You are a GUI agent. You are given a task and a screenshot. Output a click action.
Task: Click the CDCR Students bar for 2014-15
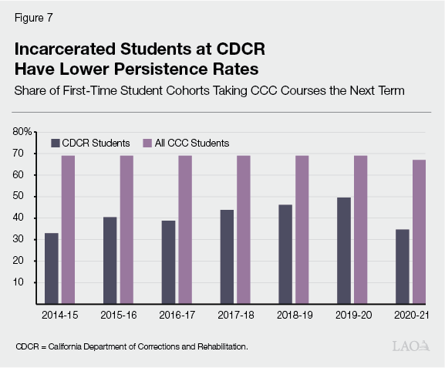coord(51,268)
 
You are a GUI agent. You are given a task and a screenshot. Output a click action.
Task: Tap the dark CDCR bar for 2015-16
coord(110,260)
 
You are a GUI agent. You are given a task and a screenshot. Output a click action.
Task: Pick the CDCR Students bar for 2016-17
coord(169,262)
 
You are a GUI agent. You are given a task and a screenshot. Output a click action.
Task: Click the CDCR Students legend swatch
coord(55,143)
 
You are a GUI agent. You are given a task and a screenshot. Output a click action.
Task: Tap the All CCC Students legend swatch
coord(148,143)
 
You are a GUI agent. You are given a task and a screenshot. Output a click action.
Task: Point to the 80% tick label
coord(23,132)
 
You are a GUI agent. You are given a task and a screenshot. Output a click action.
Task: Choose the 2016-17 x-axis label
coord(177,315)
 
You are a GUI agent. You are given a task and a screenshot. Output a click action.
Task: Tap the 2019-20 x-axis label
coord(354,315)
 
